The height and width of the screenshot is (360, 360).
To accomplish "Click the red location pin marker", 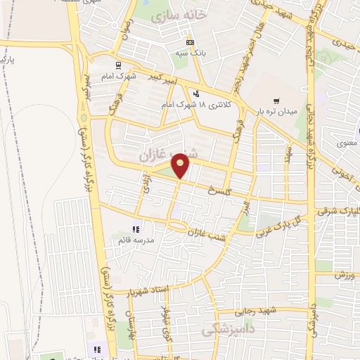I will coord(181,165).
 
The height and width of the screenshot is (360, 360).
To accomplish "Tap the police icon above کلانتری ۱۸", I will coord(196,93).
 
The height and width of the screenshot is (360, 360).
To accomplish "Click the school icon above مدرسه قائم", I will coord(136,229).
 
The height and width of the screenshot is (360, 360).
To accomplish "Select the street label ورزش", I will coord(342,273).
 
